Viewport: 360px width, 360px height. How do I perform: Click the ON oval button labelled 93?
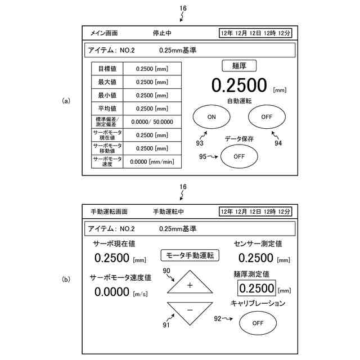point(211,117)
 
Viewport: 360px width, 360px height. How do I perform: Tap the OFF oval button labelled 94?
point(266,117)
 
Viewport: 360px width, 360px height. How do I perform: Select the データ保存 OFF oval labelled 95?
point(239,156)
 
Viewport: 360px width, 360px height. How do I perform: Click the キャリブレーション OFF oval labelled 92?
point(258,323)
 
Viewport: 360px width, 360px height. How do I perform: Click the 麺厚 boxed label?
point(240,65)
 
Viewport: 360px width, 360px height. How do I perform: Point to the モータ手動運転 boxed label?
point(190,255)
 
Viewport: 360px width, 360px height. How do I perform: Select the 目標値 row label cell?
point(107,69)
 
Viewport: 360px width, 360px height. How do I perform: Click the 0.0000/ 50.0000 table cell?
point(152,121)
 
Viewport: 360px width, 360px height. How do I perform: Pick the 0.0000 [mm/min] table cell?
point(152,162)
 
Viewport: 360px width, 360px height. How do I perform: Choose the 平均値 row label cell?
point(107,109)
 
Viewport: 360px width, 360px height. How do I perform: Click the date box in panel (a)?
point(255,33)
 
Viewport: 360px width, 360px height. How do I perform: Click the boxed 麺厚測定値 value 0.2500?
point(256,288)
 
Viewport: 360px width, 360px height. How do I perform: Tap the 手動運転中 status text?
point(169,211)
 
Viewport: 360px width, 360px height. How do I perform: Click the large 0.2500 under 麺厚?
point(238,85)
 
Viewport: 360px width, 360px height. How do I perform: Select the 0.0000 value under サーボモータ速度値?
point(112,291)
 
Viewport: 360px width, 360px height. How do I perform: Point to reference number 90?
point(166,271)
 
